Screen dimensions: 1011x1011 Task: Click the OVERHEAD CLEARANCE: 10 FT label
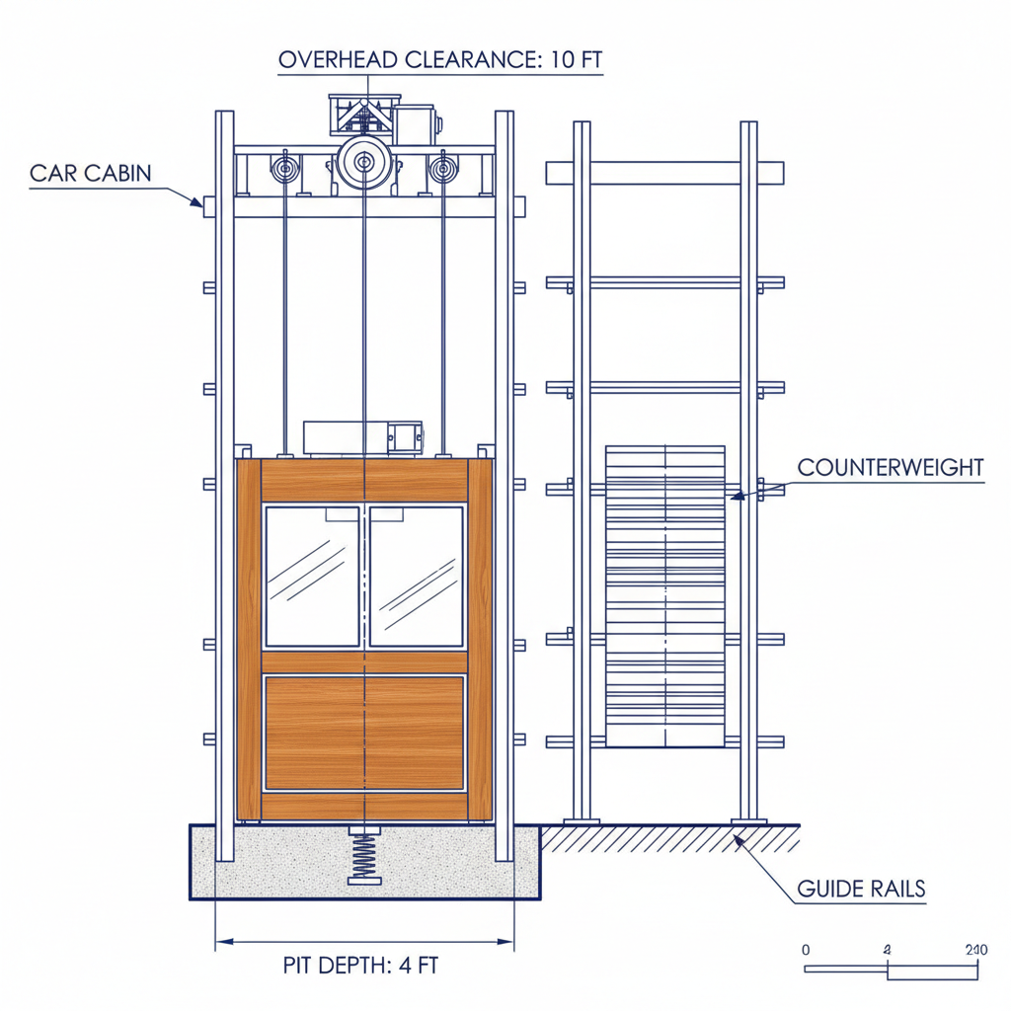coord(440,59)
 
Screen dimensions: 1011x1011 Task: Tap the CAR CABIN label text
coord(90,174)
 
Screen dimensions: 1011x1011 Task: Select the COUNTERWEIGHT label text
coord(890,467)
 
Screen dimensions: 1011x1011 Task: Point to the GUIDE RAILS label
coord(861,889)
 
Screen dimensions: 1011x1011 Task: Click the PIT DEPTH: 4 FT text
coord(360,966)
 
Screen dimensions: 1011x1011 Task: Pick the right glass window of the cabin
coord(416,576)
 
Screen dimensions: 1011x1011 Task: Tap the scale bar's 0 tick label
coord(806,950)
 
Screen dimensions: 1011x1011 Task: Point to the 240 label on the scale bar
coord(975,950)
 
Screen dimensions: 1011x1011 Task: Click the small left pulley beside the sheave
coord(285,168)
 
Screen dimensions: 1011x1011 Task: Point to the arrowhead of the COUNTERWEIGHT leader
coord(737,497)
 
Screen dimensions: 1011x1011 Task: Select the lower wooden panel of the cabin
coord(364,732)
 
